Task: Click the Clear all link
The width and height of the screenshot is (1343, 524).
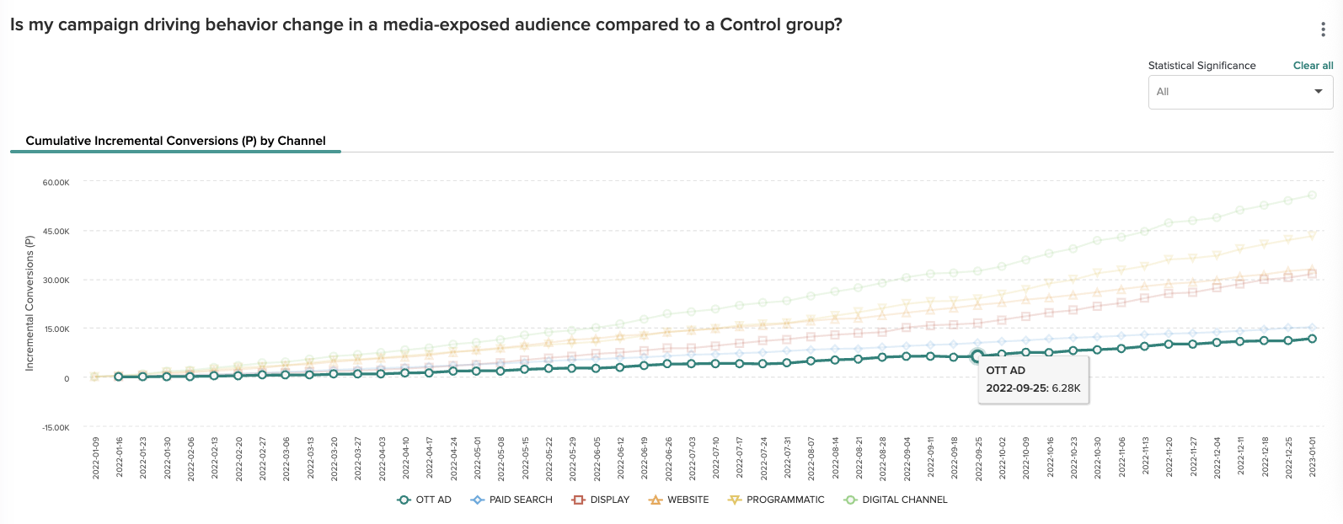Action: (1313, 66)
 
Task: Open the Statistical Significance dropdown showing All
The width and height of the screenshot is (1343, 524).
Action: (1240, 92)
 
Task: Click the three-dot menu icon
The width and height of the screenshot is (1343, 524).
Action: (1323, 29)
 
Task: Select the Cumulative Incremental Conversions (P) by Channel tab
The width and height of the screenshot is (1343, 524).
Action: (175, 141)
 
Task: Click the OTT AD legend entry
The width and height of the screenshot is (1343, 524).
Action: (425, 500)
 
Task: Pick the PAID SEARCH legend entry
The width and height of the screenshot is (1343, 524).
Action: (511, 500)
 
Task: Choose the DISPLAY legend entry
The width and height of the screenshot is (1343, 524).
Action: (601, 500)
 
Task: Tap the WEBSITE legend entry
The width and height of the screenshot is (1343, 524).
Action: (679, 500)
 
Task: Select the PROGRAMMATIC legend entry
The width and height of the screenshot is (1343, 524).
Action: (776, 500)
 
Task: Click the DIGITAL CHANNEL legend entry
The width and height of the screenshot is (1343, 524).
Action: (896, 500)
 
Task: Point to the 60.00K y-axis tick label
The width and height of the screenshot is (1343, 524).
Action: (56, 183)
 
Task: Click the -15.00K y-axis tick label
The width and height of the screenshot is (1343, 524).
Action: (56, 428)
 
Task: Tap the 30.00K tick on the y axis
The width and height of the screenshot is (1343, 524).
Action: (56, 281)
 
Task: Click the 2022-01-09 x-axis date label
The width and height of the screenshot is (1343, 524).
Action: (96, 457)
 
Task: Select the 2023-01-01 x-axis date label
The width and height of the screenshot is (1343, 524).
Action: (1312, 457)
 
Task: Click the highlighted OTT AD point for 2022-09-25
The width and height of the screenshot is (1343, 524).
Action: (977, 356)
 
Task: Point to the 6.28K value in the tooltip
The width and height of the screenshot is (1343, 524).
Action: (1066, 388)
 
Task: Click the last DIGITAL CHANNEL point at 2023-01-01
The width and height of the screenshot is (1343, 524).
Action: (1312, 195)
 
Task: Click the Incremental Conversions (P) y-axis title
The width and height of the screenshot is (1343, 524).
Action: (29, 303)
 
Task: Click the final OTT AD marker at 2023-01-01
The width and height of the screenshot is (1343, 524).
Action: (1312, 339)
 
